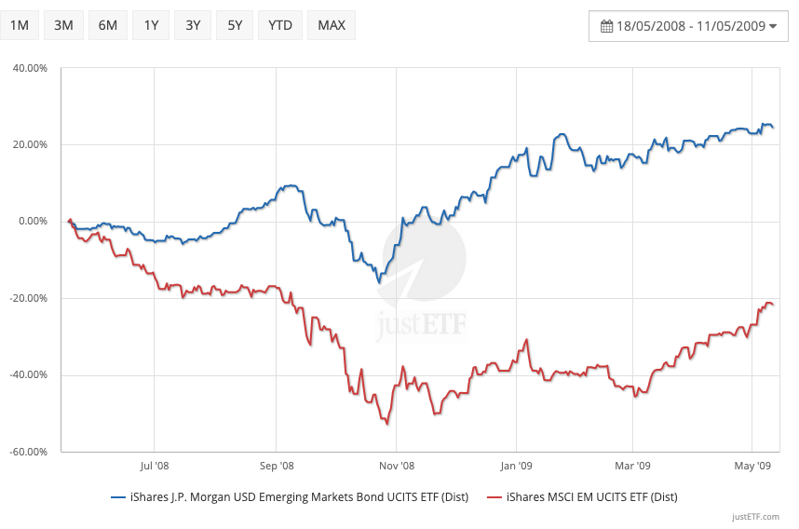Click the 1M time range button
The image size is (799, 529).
click(x=20, y=25)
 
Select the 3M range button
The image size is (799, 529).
click(x=63, y=25)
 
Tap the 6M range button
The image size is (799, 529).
click(x=107, y=25)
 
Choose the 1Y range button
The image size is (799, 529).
click(x=151, y=25)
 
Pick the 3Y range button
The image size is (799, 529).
click(x=193, y=25)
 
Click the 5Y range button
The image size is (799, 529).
click(x=235, y=25)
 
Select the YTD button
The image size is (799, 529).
click(x=279, y=25)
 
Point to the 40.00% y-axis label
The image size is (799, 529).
click(x=29, y=68)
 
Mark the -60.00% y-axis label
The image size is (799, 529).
click(x=27, y=453)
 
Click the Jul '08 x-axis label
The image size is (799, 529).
click(x=154, y=465)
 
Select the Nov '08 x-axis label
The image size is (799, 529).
click(x=396, y=465)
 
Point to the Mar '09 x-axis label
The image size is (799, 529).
click(x=632, y=465)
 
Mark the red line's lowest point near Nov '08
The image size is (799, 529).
click(x=386, y=425)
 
